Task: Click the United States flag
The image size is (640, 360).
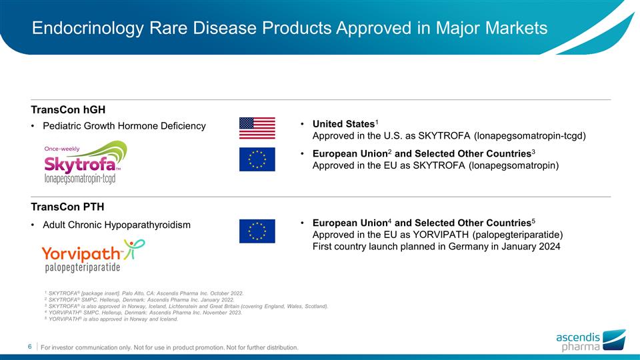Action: (257, 127)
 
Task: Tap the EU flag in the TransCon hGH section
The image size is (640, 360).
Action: (257, 159)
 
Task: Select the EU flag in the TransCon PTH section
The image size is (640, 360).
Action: (257, 231)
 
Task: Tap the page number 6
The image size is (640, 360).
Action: (30, 347)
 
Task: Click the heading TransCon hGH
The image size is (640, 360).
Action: (69, 109)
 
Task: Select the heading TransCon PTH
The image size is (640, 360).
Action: (67, 207)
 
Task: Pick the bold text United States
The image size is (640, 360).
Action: (343, 125)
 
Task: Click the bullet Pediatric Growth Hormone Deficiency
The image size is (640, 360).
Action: (124, 126)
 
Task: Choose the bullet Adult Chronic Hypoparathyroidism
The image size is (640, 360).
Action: (116, 225)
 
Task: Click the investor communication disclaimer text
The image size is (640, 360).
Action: (169, 347)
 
